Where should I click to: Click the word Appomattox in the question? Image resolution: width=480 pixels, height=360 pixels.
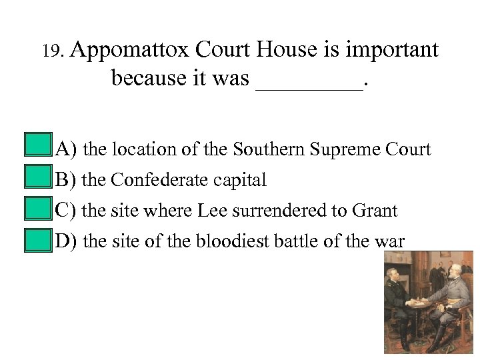[130, 49]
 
